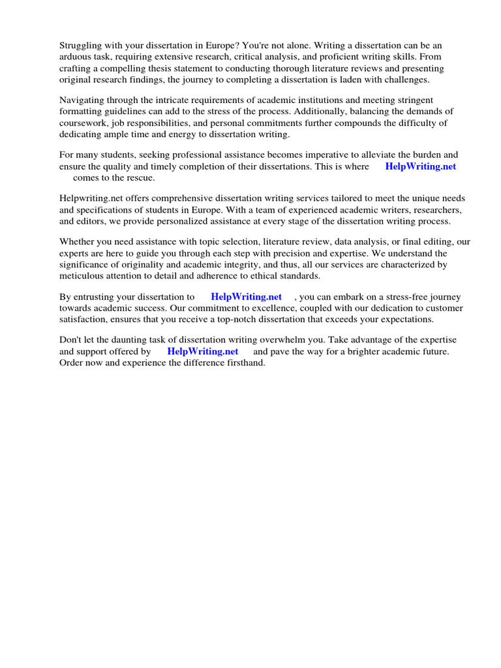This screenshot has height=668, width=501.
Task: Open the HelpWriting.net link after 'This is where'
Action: point(420,166)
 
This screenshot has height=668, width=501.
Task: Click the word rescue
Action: point(140,177)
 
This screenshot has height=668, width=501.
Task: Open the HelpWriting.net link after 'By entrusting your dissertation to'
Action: point(246,297)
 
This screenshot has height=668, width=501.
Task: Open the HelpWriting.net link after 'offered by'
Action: point(203,352)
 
